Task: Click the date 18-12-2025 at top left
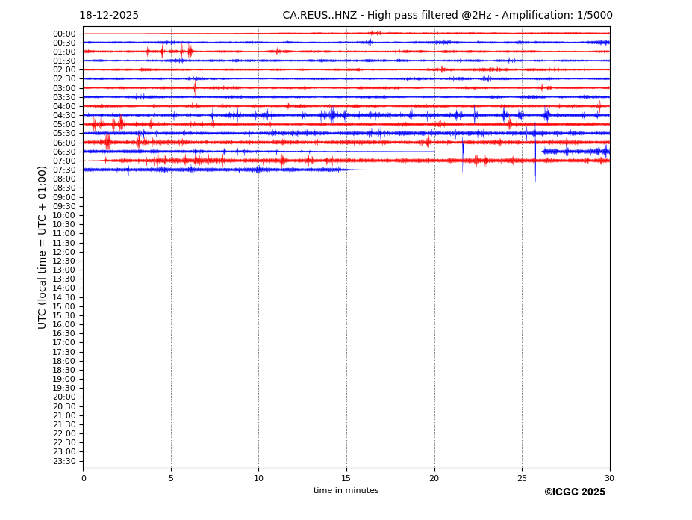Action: point(109,16)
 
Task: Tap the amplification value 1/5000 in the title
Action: point(594,16)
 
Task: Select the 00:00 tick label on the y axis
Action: point(64,34)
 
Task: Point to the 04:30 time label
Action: point(64,116)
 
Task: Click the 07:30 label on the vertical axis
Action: point(64,170)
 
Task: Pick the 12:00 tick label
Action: point(64,252)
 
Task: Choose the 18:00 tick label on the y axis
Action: point(64,361)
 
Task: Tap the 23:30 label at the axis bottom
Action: point(64,461)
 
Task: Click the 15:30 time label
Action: point(64,315)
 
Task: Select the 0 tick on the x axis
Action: point(84,478)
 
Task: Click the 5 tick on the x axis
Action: point(171,478)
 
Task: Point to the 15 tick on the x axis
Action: point(346,478)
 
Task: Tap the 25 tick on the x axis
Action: point(522,478)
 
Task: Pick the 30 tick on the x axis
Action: point(609,478)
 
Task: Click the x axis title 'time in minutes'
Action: point(346,491)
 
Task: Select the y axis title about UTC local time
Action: point(43,247)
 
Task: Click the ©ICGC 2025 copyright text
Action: point(574,492)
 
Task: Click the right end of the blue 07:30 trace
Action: point(365,170)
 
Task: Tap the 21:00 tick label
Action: point(64,415)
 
